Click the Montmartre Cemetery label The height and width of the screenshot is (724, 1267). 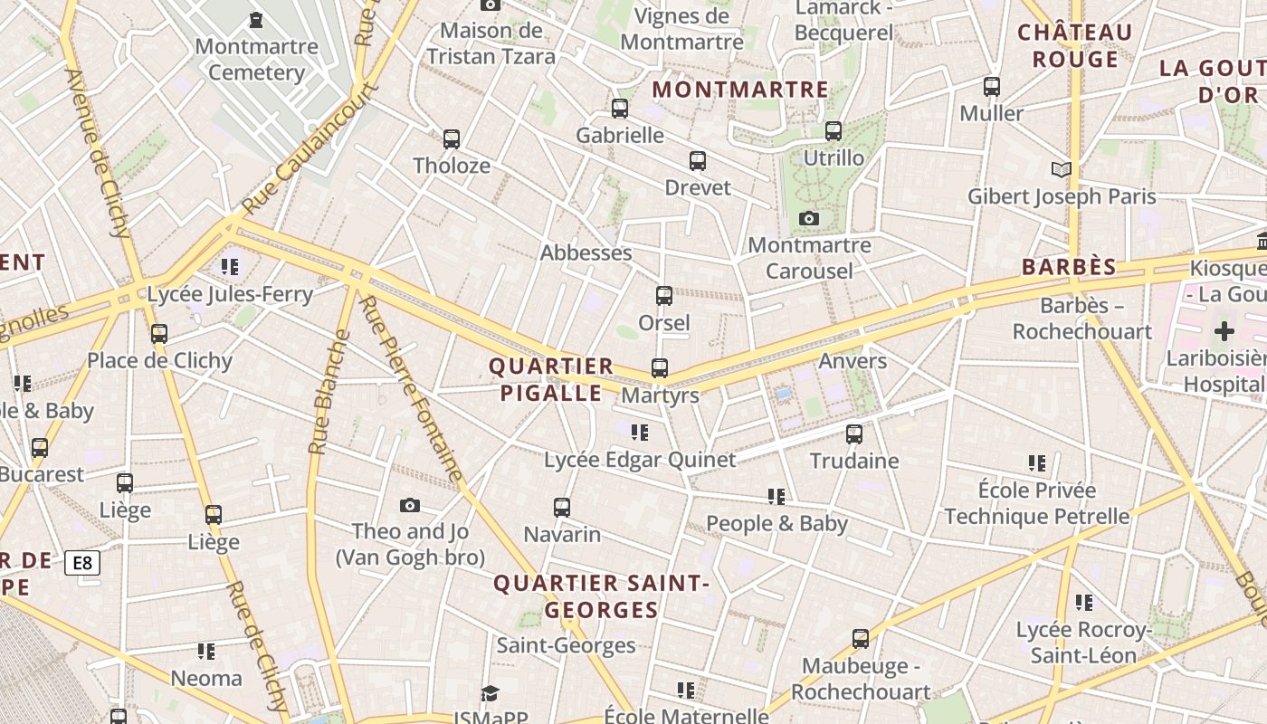click(x=256, y=59)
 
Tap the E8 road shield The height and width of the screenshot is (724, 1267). click(x=82, y=564)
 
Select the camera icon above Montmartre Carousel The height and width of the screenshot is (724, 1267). click(x=809, y=219)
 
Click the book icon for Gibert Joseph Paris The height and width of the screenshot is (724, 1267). click(x=1061, y=169)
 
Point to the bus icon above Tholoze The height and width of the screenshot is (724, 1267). click(x=452, y=139)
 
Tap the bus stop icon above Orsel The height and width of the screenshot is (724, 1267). click(x=664, y=296)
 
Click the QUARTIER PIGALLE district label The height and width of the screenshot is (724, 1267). click(x=551, y=379)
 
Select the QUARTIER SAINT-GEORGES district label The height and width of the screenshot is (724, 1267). click(x=601, y=596)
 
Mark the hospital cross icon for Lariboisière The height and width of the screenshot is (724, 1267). click(x=1224, y=331)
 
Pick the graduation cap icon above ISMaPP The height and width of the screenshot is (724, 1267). click(x=490, y=693)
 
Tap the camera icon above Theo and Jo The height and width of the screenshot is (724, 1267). click(x=410, y=505)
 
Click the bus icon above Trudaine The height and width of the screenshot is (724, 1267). click(x=854, y=434)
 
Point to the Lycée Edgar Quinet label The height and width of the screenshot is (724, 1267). click(x=640, y=460)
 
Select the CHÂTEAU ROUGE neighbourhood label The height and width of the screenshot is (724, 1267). click(x=1075, y=46)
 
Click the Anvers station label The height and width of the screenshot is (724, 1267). click(x=853, y=361)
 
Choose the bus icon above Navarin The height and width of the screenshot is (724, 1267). click(x=562, y=508)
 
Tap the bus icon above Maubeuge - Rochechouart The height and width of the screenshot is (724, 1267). click(x=861, y=639)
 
